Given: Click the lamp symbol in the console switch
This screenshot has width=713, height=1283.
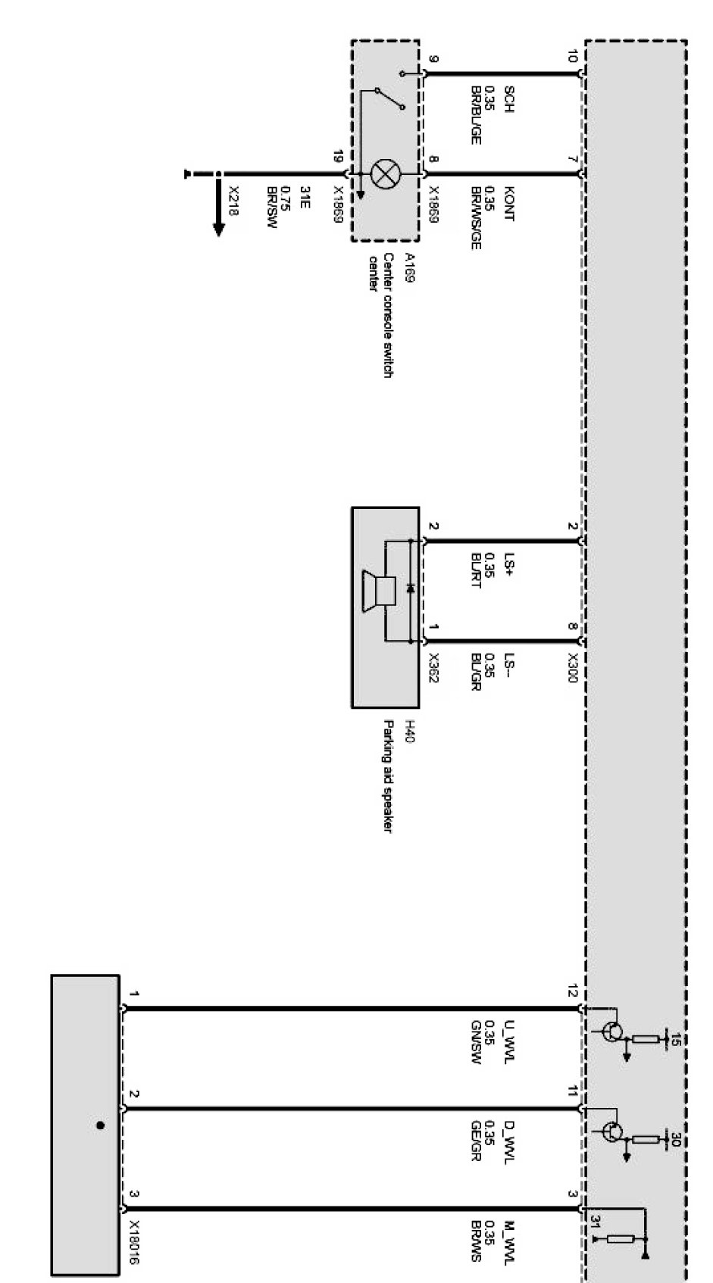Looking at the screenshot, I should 385,174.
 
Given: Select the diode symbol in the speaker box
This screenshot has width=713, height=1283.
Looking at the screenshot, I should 410,588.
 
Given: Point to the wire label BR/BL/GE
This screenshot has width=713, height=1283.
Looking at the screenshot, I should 476,114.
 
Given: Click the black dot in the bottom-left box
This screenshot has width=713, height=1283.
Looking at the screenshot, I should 100,1125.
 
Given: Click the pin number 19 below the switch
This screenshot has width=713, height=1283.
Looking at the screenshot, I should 338,158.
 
